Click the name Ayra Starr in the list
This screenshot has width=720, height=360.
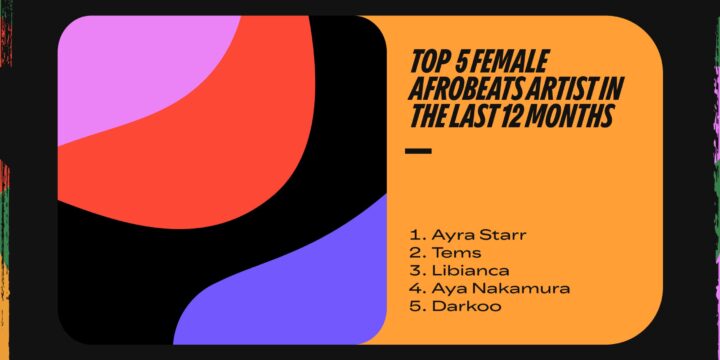(x=465, y=235)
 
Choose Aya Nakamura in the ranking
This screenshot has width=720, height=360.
(x=486, y=289)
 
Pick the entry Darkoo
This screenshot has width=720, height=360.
(x=459, y=307)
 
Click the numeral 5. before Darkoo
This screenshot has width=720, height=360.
(x=415, y=307)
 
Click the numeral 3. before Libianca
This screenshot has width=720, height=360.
(x=415, y=271)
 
